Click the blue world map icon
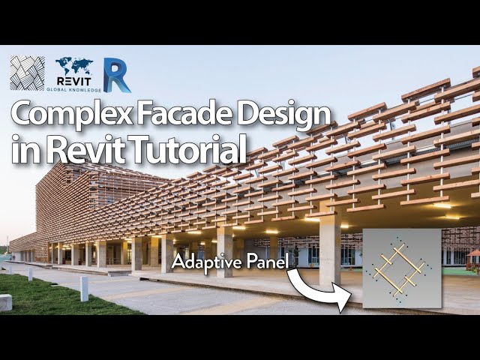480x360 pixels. click(x=73, y=67)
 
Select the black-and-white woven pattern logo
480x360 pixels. click(x=27, y=73)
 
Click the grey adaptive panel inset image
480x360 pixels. click(x=401, y=270)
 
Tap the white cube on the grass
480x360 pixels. click(x=5, y=302)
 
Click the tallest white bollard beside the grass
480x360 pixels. click(x=84, y=289)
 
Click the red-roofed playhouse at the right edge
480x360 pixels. click(x=473, y=260)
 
